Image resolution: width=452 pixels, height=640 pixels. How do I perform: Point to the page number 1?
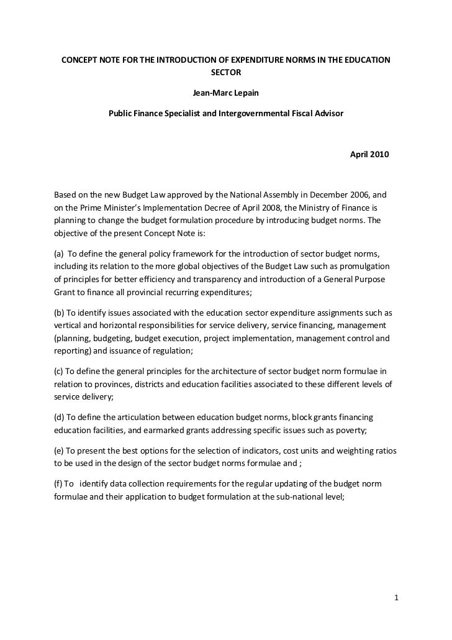(396, 599)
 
